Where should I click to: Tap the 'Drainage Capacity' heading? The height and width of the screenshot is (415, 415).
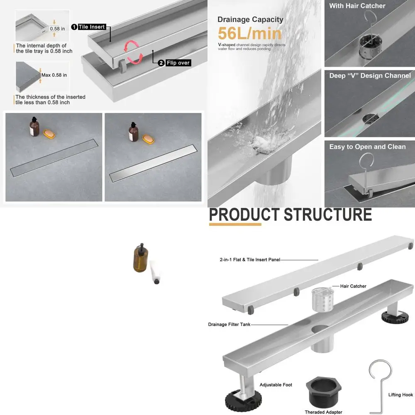point(250,20)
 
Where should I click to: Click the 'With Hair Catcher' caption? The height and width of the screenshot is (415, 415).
point(357,6)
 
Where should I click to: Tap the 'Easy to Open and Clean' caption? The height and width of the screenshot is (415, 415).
point(367,147)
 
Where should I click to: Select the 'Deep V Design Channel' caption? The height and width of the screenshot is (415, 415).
point(370,76)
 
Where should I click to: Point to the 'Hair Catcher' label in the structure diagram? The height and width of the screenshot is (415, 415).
point(353,286)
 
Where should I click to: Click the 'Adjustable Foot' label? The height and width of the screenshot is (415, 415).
point(276,385)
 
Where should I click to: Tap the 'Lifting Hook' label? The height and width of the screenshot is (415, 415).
point(400,395)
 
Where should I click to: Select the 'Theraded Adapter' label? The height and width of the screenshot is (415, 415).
point(323,412)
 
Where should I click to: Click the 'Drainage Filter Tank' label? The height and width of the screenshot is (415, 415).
point(229,325)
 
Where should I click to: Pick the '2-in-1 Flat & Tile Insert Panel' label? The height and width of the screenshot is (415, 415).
point(250,259)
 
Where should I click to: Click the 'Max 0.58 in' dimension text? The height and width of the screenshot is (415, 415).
point(54,75)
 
